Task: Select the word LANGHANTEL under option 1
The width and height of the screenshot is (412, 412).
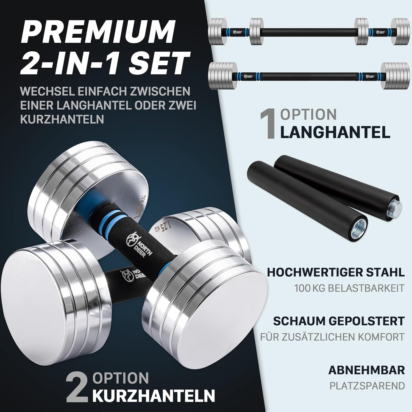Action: [335, 132]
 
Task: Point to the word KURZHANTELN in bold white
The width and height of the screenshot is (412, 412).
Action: [154, 395]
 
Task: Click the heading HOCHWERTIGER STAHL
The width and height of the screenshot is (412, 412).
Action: [336, 272]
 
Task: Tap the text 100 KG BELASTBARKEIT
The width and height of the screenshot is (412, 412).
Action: [350, 288]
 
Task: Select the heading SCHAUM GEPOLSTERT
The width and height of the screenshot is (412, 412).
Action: [339, 321]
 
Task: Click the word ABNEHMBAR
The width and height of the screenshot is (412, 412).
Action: [367, 370]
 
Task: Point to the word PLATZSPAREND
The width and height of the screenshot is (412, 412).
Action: [367, 386]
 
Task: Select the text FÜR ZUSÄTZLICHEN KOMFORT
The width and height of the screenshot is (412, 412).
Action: [333, 337]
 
